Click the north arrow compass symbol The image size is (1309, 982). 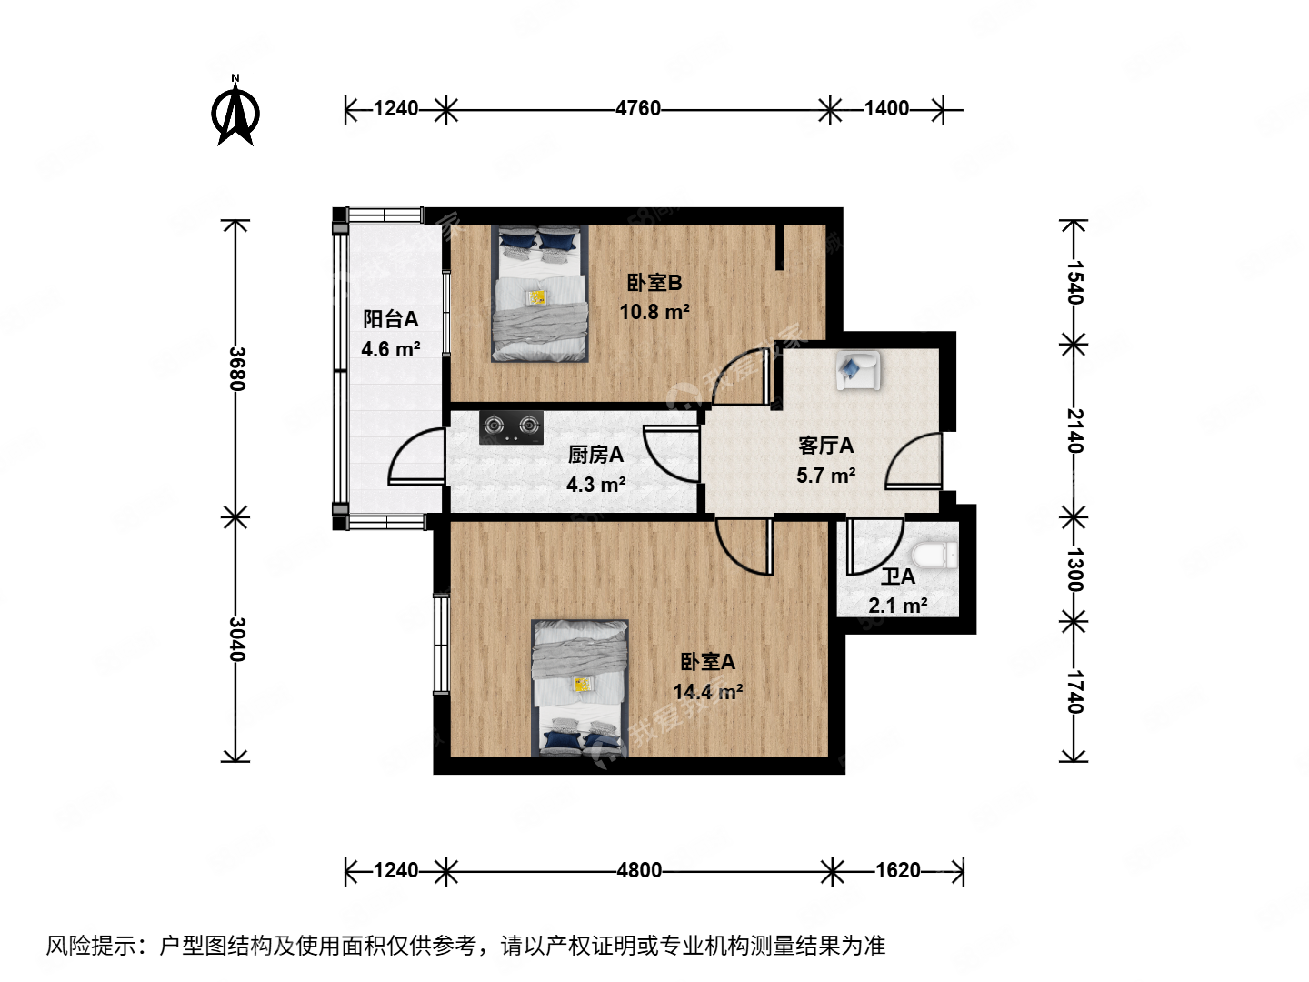point(235,112)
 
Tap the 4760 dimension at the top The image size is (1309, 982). point(638,108)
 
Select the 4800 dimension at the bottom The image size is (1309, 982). point(639,870)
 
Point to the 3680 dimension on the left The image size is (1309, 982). point(236,368)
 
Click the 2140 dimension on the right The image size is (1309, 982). point(1074,430)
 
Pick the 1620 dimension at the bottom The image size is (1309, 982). point(898,870)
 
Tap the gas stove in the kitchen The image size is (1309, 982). point(511,427)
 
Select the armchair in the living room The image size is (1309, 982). point(857,371)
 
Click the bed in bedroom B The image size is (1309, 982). point(540,293)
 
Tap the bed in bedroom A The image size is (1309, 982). point(580,688)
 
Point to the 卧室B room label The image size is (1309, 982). point(654,283)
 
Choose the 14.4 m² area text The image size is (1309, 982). point(707,692)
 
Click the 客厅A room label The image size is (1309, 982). point(825,446)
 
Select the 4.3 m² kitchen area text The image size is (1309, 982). point(595,485)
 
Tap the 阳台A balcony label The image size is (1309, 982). point(391,319)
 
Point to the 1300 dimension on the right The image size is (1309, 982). point(1074,569)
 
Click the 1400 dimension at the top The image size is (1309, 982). point(886,108)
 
